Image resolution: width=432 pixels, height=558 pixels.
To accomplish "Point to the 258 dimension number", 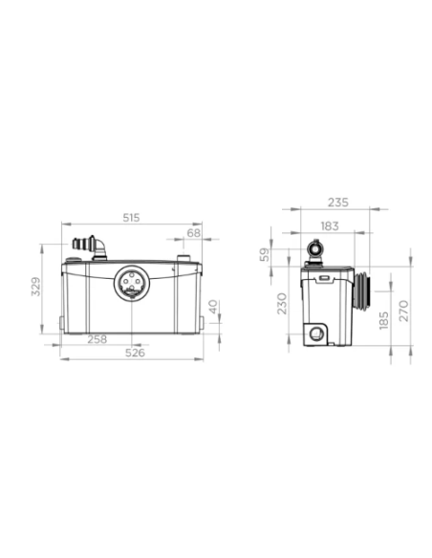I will click(97, 338).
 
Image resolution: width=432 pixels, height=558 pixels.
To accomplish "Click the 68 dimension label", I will click(194, 232).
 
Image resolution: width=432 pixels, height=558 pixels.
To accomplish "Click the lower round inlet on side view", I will click(316, 333).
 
